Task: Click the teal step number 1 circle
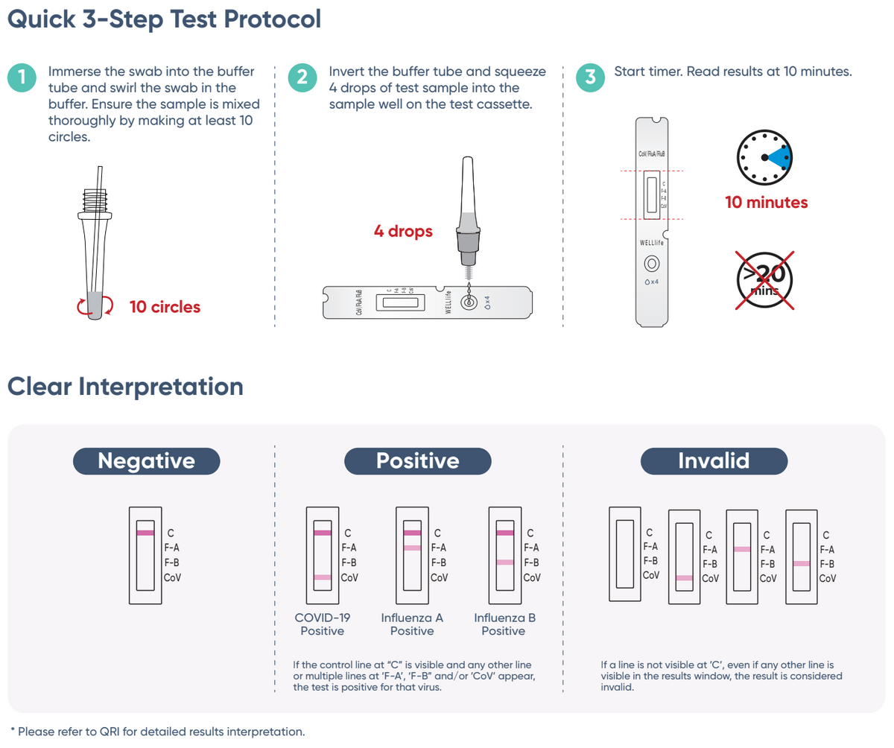point(23,77)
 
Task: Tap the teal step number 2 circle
point(302,77)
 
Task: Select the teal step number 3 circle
point(591,77)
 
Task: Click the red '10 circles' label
point(165,306)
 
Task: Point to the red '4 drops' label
point(403,232)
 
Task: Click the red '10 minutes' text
point(766,203)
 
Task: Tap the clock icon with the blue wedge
point(765,157)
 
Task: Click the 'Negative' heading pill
point(146,460)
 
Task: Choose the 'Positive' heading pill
point(417,460)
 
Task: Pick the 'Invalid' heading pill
point(714,460)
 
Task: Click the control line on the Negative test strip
point(145,533)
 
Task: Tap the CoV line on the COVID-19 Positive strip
point(323,577)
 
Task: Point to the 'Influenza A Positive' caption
point(412,624)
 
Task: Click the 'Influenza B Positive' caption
point(504,624)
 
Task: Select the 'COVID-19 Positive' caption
point(323,624)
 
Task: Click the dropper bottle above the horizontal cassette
point(468,216)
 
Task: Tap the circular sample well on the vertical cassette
point(652,263)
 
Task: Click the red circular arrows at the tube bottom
point(95,305)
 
